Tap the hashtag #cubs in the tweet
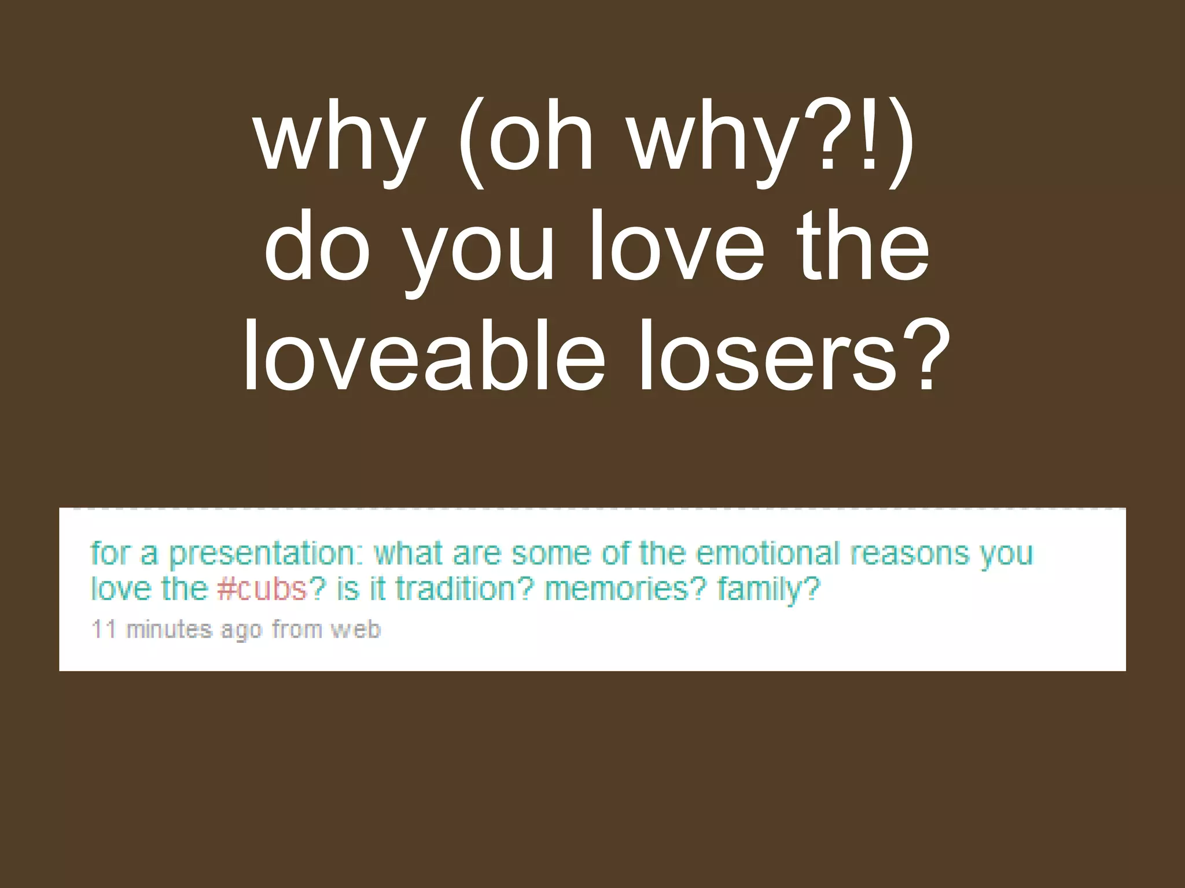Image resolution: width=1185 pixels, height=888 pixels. coord(262,590)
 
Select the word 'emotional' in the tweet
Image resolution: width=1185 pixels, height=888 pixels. coord(767,554)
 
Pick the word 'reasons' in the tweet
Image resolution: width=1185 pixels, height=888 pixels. coord(910,554)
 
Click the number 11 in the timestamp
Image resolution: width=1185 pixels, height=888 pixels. coord(104,629)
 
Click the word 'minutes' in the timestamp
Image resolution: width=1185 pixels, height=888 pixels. coord(169,629)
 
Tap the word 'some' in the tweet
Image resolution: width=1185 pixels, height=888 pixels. coord(551,554)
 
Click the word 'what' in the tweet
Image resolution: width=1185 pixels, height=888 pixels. coord(409,554)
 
